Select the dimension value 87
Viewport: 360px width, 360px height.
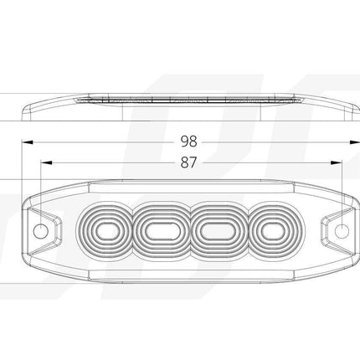[190, 164]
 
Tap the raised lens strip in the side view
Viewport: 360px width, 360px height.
[190, 101]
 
